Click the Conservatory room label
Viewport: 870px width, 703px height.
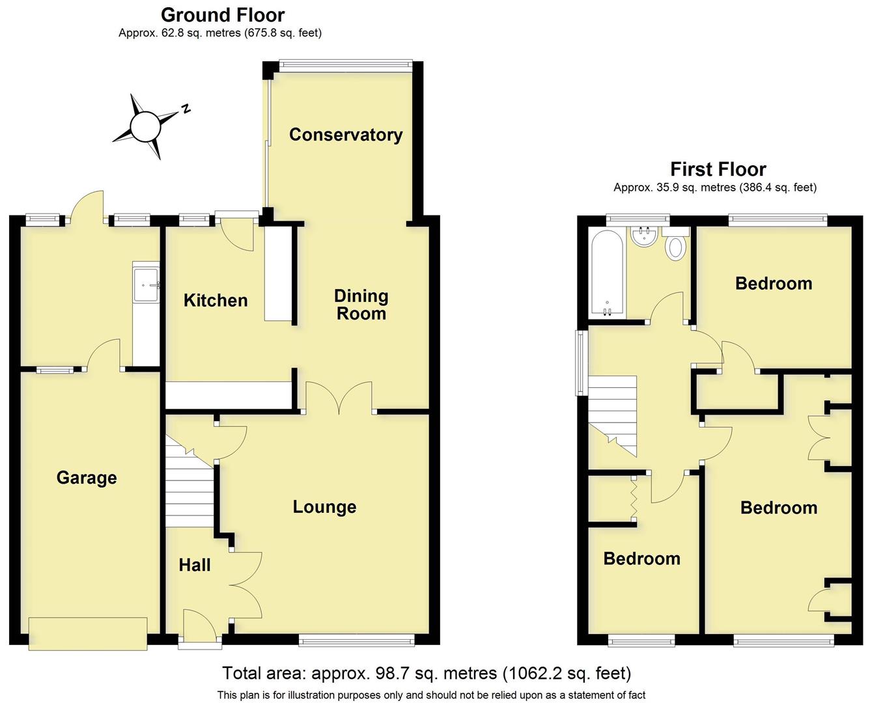pyautogui.click(x=345, y=135)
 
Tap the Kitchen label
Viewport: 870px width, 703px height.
pyautogui.click(x=216, y=300)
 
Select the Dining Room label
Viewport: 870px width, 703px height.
pyautogui.click(x=361, y=305)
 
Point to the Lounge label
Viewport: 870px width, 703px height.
pyautogui.click(x=324, y=506)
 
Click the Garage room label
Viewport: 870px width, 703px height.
pyautogui.click(x=87, y=478)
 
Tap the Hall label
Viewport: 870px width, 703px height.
pyautogui.click(x=195, y=565)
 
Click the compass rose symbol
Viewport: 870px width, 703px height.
pyautogui.click(x=145, y=126)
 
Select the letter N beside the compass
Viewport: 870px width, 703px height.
pyautogui.click(x=186, y=109)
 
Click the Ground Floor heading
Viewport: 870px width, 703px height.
pyautogui.click(x=223, y=14)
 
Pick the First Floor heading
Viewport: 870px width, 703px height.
pyautogui.click(x=718, y=169)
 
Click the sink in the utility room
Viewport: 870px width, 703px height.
pyautogui.click(x=146, y=285)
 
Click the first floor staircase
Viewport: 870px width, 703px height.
pyautogui.click(x=612, y=417)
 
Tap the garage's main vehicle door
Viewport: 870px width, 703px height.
pyautogui.click(x=88, y=633)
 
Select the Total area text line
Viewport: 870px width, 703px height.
pyautogui.click(x=427, y=673)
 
